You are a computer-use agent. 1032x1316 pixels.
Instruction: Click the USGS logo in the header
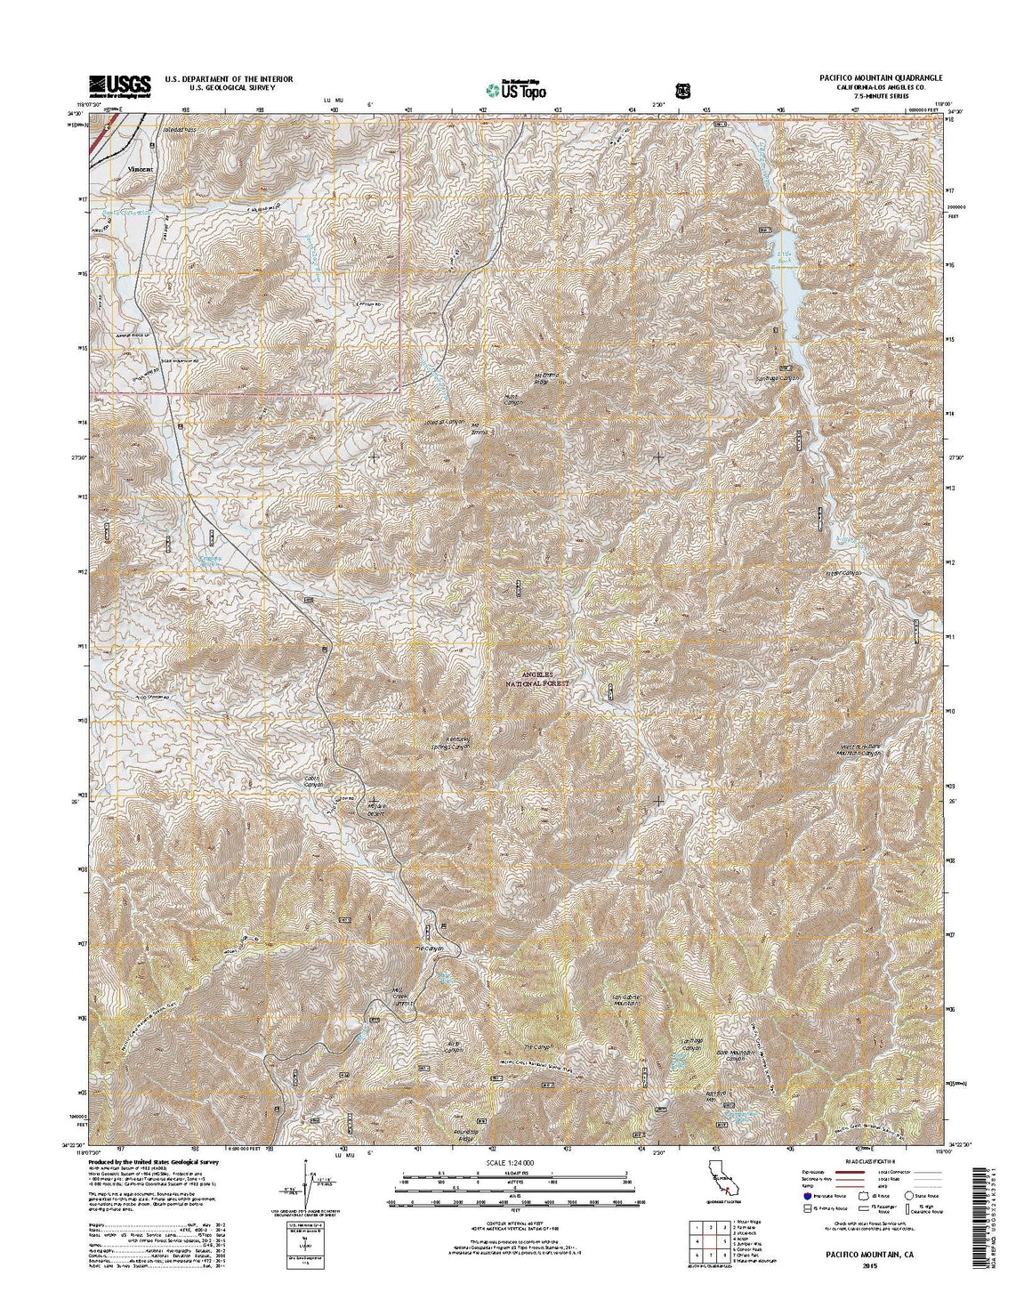click(119, 84)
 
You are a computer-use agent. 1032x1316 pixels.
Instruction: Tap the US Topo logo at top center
click(516, 89)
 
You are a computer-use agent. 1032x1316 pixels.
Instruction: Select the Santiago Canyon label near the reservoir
click(778, 377)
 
